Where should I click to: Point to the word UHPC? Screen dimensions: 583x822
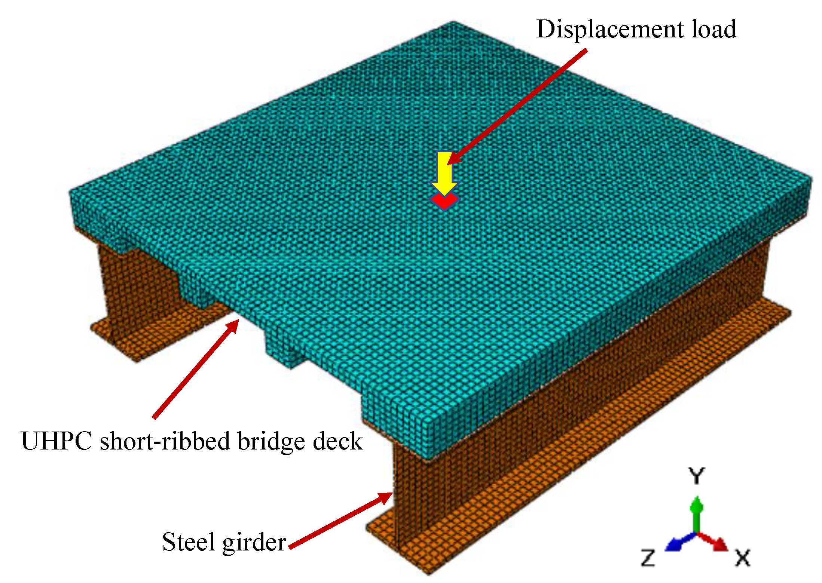(56, 441)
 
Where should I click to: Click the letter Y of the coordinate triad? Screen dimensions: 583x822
(696, 476)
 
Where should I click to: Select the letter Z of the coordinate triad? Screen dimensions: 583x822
(648, 558)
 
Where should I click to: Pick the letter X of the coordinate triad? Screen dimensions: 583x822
(743, 558)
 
